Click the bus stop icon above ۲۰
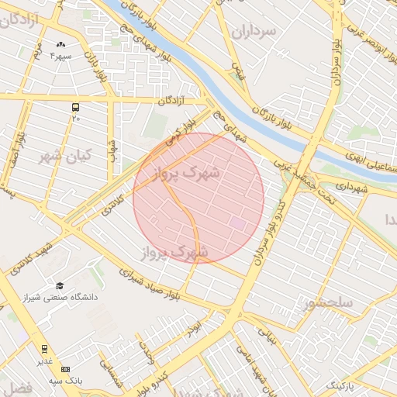tap(75, 107)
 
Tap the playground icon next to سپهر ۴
tap(61, 45)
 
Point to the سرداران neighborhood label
tap(253, 32)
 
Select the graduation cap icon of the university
tap(60, 285)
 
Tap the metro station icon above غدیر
tap(44, 349)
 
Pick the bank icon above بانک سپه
tap(65, 369)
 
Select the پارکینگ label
tap(338, 385)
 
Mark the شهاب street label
tap(112, 150)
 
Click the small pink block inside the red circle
tap(236, 223)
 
